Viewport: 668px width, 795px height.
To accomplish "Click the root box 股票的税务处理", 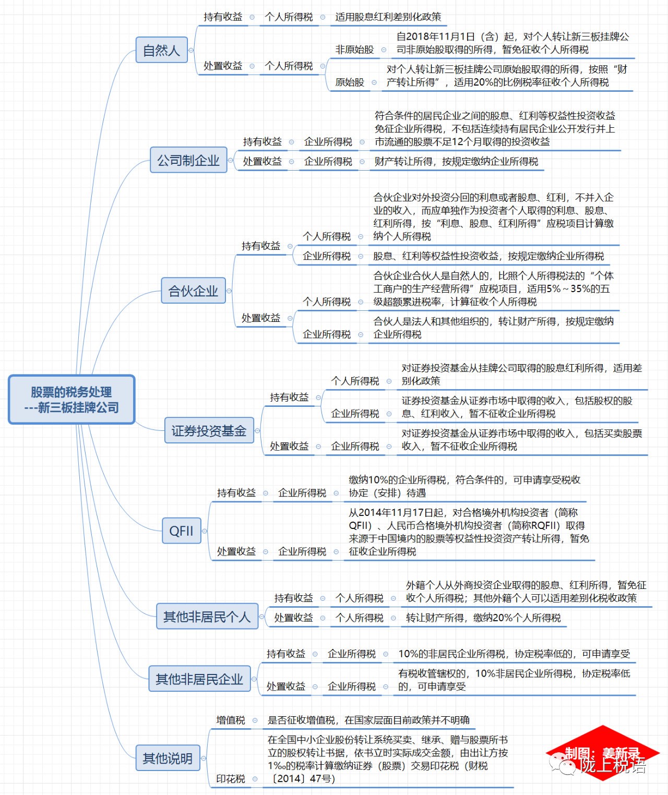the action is [x=71, y=400].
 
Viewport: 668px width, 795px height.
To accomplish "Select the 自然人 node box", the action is [x=161, y=50].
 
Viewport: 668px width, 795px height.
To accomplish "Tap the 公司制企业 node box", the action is [x=188, y=160].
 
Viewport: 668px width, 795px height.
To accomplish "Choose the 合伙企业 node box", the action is [x=193, y=291].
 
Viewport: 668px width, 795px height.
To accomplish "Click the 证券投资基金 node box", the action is [x=209, y=430].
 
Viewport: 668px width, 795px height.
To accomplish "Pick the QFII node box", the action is [x=181, y=531].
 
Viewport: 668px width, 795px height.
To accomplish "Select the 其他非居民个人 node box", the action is [x=207, y=616].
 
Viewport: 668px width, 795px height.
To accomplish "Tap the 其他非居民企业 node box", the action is [x=199, y=679].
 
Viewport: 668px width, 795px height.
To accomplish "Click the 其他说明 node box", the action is [x=168, y=757].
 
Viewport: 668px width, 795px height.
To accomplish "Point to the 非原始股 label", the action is [x=354, y=50].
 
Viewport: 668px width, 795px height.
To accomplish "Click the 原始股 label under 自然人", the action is [x=349, y=82].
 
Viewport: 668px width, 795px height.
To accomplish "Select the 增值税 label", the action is [x=231, y=720].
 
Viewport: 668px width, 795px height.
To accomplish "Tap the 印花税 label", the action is [x=231, y=779].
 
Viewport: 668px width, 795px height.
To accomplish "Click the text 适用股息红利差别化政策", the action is [x=388, y=17].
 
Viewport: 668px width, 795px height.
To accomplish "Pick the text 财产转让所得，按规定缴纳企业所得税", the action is [x=456, y=161].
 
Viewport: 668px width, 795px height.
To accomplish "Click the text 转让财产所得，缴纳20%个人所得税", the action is [x=483, y=618].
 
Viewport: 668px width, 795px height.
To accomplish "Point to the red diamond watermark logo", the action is [x=602, y=753].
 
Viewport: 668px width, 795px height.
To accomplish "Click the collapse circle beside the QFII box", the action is [x=205, y=531].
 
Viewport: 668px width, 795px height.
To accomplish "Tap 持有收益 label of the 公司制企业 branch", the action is [x=263, y=142].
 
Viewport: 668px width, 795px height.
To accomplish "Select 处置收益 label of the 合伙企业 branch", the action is [x=261, y=318].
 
